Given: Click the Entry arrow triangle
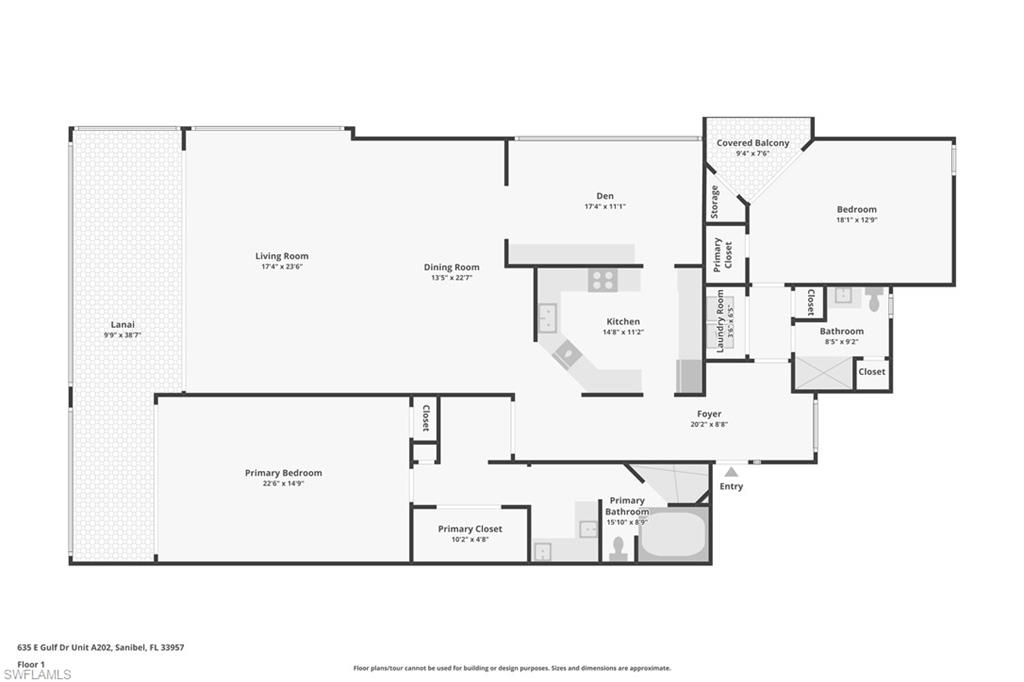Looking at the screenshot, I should point(731,472).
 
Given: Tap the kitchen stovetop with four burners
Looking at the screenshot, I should point(602,281).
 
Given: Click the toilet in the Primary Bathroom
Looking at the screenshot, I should point(617,547).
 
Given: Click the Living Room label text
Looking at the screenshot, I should point(281,256).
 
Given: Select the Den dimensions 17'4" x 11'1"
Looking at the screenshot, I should point(605,207).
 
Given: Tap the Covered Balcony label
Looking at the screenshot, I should point(752,143).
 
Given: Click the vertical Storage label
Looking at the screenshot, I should point(714,202).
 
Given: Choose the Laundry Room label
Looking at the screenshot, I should point(720,321).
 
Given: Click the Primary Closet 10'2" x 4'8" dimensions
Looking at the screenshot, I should point(469,540).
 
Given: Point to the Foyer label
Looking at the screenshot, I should point(708,413).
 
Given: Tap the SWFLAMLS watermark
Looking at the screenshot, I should point(36,674).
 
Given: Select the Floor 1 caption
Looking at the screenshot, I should point(31,663).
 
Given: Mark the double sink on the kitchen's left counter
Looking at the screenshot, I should point(549,318).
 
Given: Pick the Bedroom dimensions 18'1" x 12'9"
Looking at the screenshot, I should point(856,221).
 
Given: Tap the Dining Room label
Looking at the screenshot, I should point(451,267).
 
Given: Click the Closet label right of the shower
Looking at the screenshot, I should point(871,371).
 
